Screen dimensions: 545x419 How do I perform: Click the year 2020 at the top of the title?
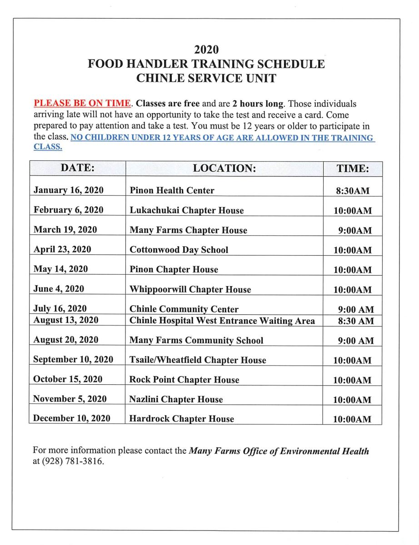(207, 49)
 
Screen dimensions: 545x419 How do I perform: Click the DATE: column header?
(78, 168)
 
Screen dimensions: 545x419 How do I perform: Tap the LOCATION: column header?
(224, 168)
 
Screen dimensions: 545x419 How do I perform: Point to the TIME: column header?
(352, 168)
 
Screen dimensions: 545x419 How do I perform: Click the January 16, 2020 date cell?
(69, 190)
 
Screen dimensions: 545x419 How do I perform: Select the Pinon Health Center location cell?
(172, 191)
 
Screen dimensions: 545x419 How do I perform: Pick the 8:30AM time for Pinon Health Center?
(352, 191)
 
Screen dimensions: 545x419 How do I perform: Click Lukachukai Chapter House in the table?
(186, 211)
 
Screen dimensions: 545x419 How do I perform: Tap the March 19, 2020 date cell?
(65, 230)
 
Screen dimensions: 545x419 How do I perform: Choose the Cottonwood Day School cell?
(179, 250)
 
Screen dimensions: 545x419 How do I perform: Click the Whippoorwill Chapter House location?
(190, 289)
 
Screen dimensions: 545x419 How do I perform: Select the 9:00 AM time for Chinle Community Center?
(356, 310)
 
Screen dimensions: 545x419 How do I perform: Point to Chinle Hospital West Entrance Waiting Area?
(222, 321)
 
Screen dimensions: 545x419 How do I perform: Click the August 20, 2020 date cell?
(66, 340)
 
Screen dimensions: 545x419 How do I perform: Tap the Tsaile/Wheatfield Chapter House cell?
(198, 360)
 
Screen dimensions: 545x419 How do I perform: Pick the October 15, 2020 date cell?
(68, 379)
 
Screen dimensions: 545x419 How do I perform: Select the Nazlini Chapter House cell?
(176, 400)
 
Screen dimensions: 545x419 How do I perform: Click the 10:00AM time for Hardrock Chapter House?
(352, 420)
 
